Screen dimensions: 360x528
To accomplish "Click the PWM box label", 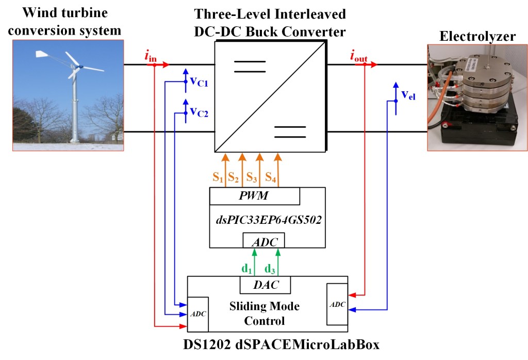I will pyautogui.click(x=255, y=196).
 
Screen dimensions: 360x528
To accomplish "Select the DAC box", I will pyautogui.click(x=265, y=284).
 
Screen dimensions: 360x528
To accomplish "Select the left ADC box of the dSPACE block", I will pyautogui.click(x=198, y=314).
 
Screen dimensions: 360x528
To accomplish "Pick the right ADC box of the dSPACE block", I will pyautogui.click(x=338, y=304).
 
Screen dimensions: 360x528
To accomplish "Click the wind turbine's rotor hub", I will pyautogui.click(x=79, y=67).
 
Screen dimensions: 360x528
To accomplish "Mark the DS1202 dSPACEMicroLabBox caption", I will pyautogui.click(x=263, y=345).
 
